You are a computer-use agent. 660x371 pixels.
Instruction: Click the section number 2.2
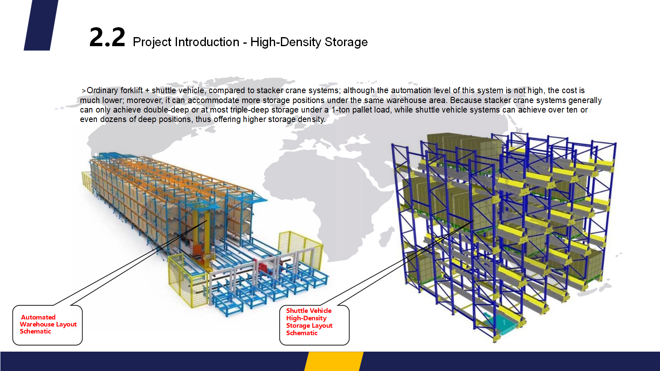point(107,38)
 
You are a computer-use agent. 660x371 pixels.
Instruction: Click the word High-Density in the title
point(285,42)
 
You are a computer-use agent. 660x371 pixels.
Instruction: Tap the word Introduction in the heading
point(207,42)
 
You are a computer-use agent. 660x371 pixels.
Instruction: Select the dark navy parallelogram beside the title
point(41,25)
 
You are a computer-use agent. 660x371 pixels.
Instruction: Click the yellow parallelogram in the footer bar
point(334,361)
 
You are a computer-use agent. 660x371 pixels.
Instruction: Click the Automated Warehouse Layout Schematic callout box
point(47,325)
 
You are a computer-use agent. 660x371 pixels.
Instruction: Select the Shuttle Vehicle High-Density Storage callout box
point(314,325)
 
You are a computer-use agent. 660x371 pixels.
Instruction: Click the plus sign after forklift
point(147,91)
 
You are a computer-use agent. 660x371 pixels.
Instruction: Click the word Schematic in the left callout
point(35,331)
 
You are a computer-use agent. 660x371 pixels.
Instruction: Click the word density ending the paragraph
point(311,120)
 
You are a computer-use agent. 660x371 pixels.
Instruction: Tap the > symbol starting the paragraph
point(84,91)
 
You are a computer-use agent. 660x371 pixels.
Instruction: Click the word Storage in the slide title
point(346,42)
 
